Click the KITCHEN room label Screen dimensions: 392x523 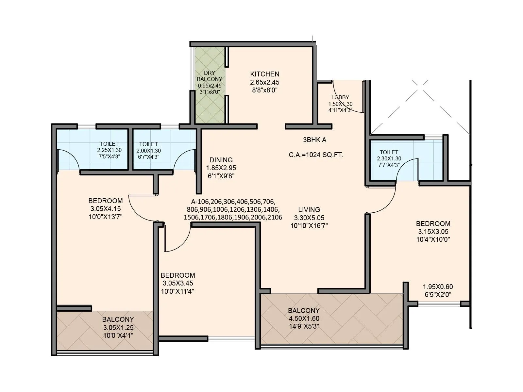264,74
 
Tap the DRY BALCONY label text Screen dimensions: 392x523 209,76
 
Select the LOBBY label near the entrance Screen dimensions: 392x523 340,97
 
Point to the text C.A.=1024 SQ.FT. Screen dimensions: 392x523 316,155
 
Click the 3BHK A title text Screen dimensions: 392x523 314,140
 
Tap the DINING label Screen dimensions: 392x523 221,160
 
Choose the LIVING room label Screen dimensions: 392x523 309,210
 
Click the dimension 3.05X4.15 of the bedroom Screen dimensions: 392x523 105,209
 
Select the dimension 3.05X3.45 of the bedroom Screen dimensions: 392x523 178,283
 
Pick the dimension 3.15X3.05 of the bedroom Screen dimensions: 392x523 433,232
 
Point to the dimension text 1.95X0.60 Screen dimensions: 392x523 438,287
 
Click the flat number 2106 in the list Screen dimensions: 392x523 274,217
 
